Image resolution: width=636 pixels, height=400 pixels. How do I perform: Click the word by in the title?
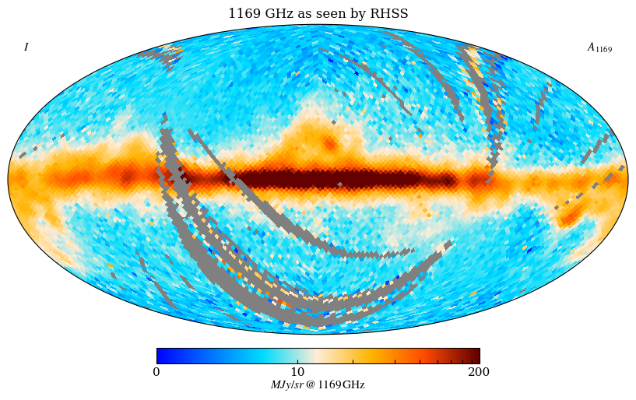point(364,14)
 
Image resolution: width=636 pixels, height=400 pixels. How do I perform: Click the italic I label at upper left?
point(26,47)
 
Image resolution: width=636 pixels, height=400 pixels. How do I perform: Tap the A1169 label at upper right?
point(599,48)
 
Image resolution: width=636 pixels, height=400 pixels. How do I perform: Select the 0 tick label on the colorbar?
point(156,372)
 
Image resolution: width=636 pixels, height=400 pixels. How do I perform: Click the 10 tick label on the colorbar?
point(298,372)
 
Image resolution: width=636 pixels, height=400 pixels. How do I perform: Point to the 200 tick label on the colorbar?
point(479,372)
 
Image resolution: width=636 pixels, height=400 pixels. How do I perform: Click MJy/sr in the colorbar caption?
point(286,385)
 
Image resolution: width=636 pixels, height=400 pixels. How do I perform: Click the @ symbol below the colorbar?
point(311,385)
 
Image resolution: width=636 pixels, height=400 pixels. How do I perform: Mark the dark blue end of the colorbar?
point(161,356)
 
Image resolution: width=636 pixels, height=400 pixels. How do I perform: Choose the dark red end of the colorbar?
point(474,356)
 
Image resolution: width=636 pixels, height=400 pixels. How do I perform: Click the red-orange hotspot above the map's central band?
point(330,144)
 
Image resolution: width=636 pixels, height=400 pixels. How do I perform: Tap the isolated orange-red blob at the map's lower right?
point(571,215)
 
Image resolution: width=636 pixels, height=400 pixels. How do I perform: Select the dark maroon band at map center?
point(343,180)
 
